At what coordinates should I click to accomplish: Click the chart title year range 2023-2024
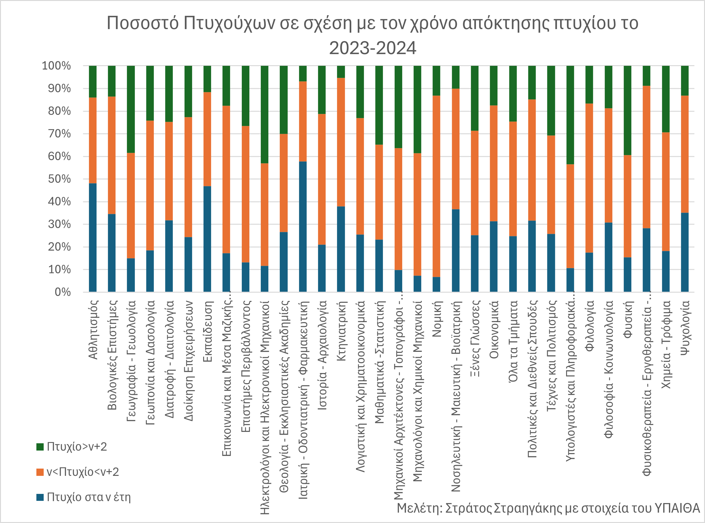372,48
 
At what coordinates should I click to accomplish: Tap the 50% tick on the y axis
59,179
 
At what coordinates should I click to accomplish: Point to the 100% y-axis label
56,66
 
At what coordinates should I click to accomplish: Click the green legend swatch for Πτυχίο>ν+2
40,447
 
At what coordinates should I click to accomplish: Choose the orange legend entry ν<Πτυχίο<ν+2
78,472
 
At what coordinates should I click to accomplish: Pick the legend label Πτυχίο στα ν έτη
88,497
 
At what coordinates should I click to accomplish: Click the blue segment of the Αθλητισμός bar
92,237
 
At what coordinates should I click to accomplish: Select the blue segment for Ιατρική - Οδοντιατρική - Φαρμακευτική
303,226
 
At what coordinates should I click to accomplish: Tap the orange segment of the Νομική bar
436,186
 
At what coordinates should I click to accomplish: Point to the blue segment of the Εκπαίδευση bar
207,239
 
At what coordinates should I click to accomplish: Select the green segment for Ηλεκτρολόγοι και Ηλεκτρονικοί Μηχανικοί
264,114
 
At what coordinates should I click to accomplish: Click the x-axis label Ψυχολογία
685,328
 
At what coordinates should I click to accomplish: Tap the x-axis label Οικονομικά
494,330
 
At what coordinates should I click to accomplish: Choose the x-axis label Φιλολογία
589,326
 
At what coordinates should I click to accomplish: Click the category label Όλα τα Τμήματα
513,341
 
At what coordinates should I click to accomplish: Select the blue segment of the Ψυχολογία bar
685,252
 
